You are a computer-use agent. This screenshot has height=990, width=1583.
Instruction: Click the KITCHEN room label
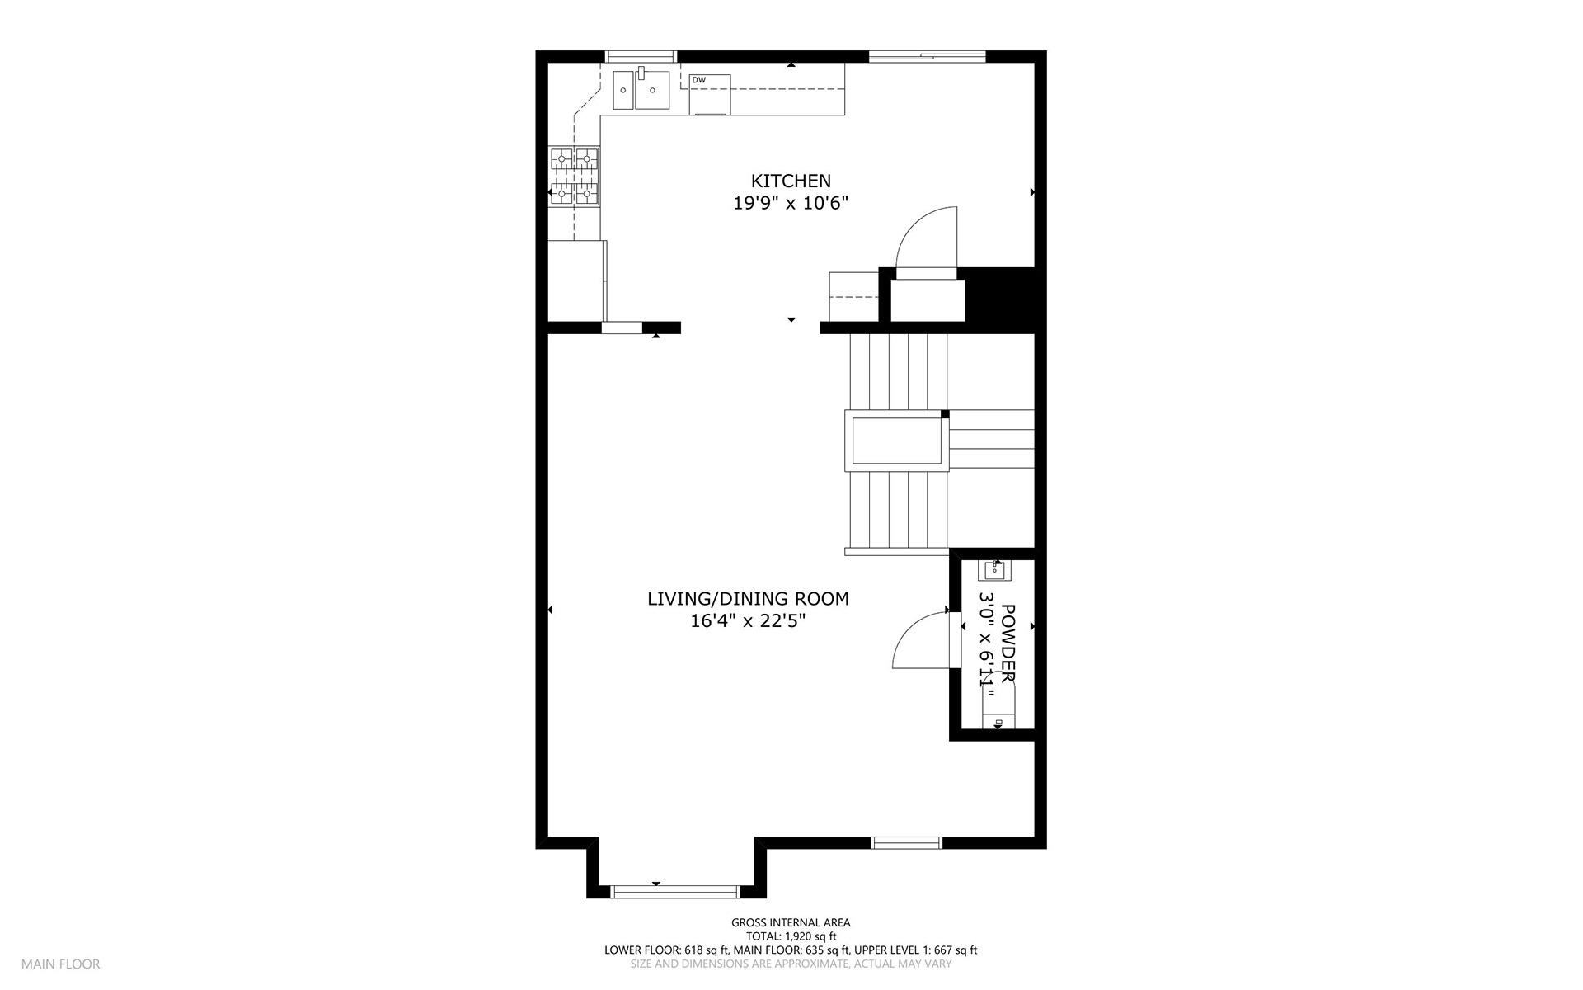791,181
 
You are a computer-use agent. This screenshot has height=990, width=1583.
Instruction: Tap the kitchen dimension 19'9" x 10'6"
791,203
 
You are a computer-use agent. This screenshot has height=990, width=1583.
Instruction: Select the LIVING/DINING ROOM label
748,599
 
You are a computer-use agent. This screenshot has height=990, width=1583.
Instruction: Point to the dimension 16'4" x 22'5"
748,621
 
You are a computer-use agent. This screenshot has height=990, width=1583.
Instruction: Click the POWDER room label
1008,643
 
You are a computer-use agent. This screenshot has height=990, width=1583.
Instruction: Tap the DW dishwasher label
698,80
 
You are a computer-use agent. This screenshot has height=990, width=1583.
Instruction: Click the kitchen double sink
641,89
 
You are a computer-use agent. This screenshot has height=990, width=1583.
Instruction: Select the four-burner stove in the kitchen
574,176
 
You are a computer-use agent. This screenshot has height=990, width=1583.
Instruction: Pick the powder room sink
993,570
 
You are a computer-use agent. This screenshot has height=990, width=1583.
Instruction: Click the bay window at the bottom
674,892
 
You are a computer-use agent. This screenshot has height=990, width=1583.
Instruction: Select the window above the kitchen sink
641,56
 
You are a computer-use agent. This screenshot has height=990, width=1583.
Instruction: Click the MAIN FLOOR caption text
61,964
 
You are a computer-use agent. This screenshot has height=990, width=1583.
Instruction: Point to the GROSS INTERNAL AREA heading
791,923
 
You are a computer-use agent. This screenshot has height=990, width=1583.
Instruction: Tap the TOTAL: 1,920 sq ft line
791,936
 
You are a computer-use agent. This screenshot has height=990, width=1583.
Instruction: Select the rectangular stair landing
897,440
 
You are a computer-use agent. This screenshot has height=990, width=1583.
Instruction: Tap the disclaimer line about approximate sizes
791,964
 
